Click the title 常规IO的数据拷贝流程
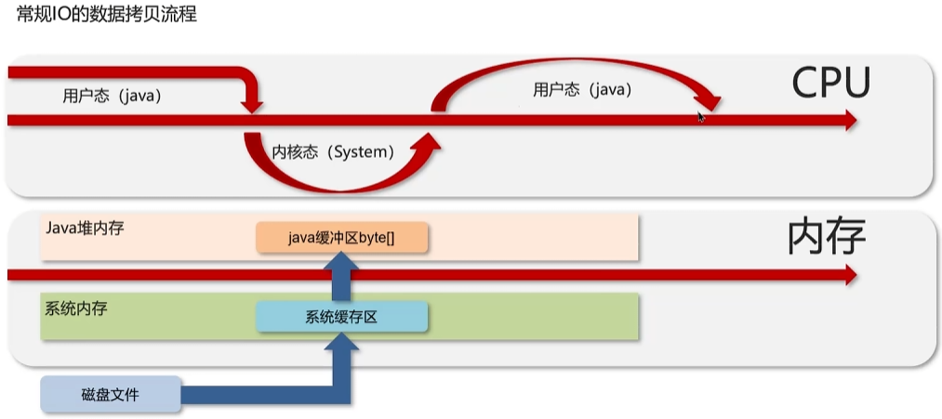pyautogui.click(x=107, y=15)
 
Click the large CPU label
pyautogui.click(x=830, y=84)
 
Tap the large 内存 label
pyautogui.click(x=826, y=237)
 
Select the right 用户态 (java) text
pyautogui.click(x=582, y=89)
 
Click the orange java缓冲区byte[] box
pyautogui.click(x=341, y=238)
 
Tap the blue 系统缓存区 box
pyautogui.click(x=341, y=317)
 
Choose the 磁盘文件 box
pyautogui.click(x=110, y=394)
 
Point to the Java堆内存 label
pyautogui.click(x=84, y=227)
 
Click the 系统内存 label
pyautogui.click(x=75, y=308)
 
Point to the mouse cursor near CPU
pyautogui.click(x=701, y=116)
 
